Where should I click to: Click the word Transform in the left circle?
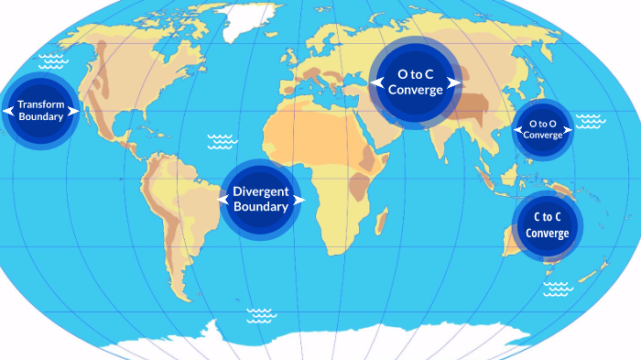point(40,104)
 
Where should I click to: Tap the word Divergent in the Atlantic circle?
point(261,191)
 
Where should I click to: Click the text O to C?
point(416,74)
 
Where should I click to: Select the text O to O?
point(543,123)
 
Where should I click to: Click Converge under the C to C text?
point(548,233)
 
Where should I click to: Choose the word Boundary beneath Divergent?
point(261,207)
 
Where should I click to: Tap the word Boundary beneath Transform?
point(40,117)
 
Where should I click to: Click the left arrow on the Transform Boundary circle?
point(7,111)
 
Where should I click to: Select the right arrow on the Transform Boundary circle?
point(73,111)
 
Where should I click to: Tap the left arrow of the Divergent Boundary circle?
point(223,198)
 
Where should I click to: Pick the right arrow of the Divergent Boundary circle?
point(299,198)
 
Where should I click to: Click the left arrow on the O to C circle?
point(376,82)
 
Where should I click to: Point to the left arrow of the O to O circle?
point(516,129)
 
